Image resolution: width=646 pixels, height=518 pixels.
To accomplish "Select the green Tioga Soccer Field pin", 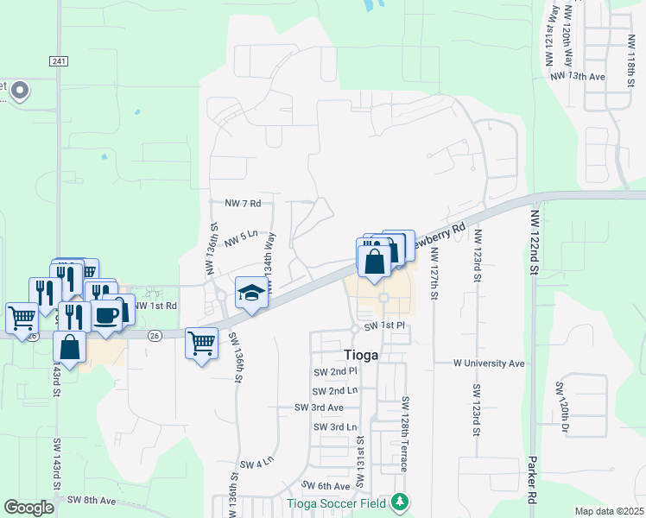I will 399,502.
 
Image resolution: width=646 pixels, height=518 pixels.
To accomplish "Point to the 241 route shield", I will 58,60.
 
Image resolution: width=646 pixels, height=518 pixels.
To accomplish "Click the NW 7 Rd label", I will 243,203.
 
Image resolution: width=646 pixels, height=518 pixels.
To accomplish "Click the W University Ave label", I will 490,363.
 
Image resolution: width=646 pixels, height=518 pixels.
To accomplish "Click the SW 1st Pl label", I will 384,326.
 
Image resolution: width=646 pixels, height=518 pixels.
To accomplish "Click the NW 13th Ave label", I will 579,77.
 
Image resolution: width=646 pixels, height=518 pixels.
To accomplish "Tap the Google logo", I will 28,508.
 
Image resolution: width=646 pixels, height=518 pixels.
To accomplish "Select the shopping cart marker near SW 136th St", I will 201,344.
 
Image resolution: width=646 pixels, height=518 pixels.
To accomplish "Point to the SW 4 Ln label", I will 256,464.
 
